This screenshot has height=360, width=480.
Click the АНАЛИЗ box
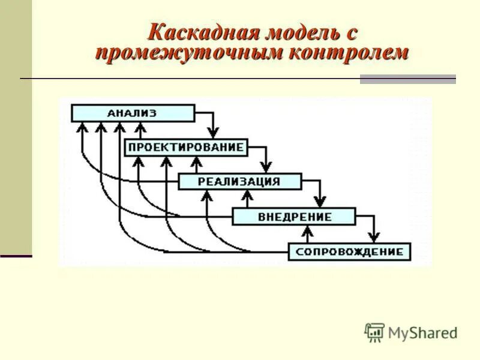click(133, 113)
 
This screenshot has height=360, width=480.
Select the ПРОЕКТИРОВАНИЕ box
click(186, 148)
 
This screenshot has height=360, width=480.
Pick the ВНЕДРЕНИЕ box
click(294, 217)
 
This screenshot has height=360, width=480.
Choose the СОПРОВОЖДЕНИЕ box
click(350, 251)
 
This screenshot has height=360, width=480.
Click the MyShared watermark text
click(422, 332)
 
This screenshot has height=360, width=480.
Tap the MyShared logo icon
click(374, 332)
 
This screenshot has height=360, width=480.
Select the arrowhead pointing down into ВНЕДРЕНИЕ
click(320, 203)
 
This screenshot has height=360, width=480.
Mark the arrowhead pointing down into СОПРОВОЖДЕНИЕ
click(374, 237)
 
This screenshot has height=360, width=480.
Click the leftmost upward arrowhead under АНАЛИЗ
click(82, 127)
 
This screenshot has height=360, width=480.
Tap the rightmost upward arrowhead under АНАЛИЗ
click(140, 127)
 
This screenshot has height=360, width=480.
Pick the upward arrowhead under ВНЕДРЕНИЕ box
click(308, 230)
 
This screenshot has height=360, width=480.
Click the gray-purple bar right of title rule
click(407, 79)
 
